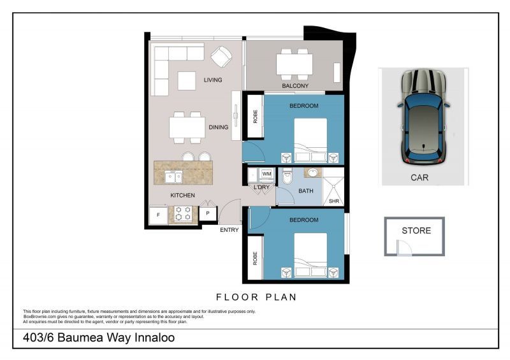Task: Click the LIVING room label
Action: click(x=213, y=80)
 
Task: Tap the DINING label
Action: click(x=218, y=127)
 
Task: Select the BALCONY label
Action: click(x=295, y=86)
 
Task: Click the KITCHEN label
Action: click(x=182, y=195)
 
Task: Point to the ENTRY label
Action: click(x=229, y=229)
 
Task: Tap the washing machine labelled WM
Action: click(x=266, y=173)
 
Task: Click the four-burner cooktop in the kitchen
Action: click(x=183, y=215)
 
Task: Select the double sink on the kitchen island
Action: click(x=173, y=176)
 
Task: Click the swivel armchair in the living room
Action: click(x=222, y=57)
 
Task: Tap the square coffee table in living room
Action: click(x=186, y=81)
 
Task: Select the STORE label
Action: click(x=416, y=231)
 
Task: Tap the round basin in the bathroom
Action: click(x=312, y=173)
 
